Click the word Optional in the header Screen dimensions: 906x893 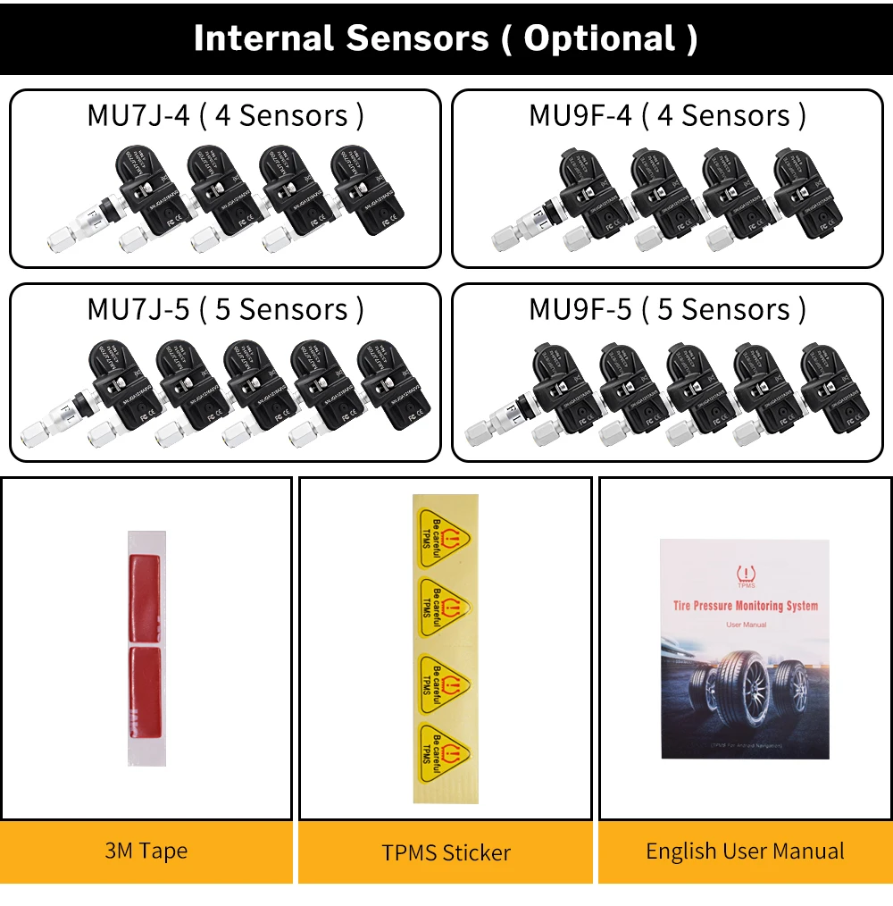[599, 38]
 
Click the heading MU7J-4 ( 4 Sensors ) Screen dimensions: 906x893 [225, 115]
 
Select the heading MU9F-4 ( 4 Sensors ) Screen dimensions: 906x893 [667, 115]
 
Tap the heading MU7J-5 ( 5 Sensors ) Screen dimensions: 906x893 [225, 309]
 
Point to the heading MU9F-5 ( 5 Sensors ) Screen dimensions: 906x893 [667, 309]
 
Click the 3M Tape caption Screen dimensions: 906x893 [146, 851]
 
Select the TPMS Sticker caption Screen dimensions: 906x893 [446, 852]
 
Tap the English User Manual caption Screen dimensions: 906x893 [745, 851]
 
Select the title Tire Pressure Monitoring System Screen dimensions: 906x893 [745, 606]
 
